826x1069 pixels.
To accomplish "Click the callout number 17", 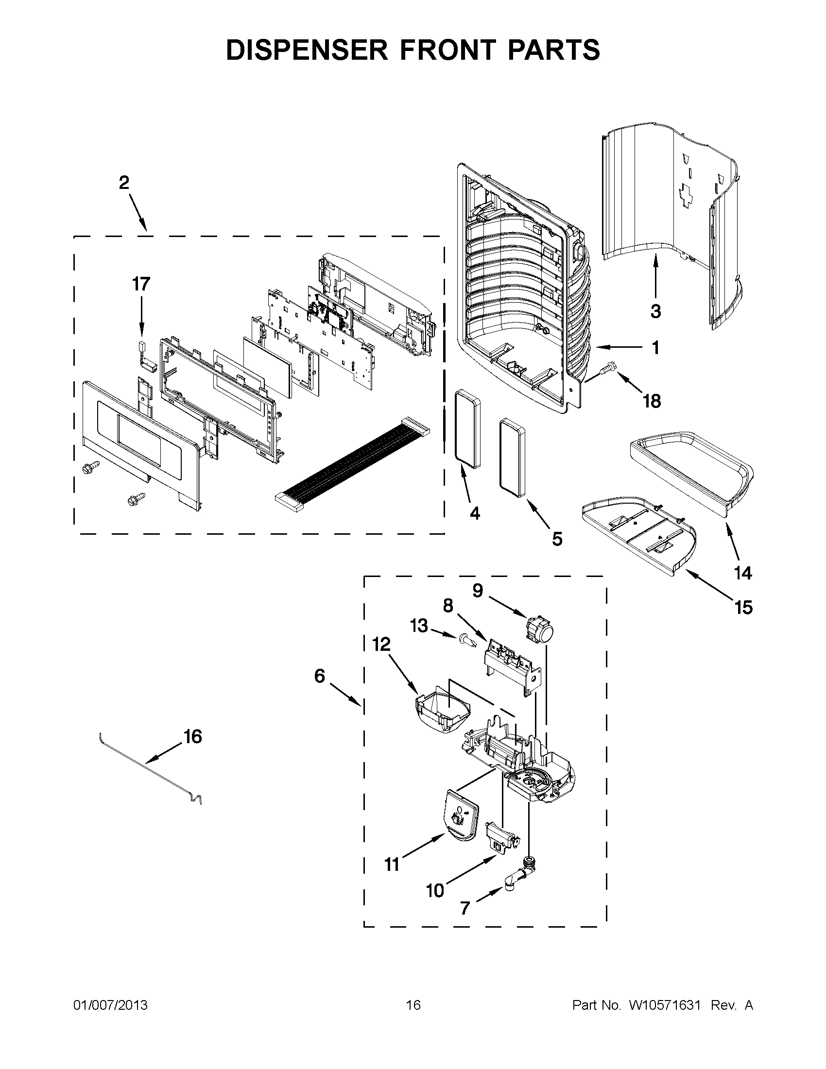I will coord(141,284).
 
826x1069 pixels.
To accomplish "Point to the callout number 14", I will coord(743,572).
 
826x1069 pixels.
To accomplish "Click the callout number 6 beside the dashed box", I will coord(319,677).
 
